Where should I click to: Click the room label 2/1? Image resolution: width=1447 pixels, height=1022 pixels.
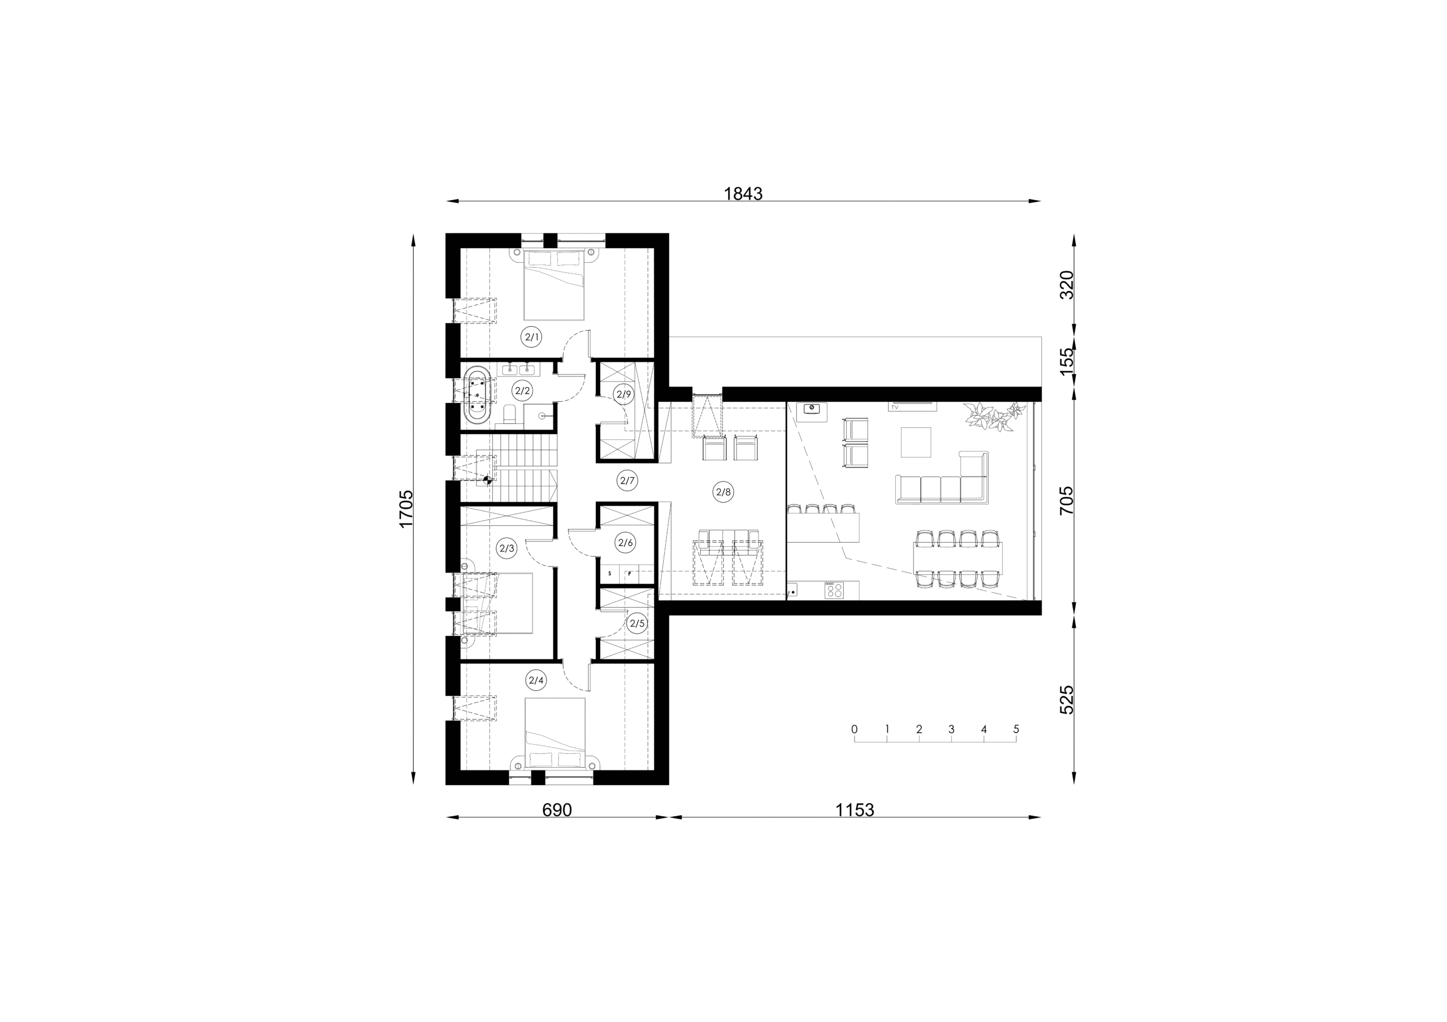pos(532,337)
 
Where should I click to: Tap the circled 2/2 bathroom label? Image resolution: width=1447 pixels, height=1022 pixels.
pos(522,391)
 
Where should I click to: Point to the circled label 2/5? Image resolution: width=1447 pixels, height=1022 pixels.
pos(636,624)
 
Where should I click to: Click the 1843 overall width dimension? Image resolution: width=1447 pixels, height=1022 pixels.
pos(743,193)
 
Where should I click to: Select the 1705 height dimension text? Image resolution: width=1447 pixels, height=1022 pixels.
pos(406,509)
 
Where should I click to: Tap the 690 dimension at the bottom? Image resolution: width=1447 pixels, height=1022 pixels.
pos(557,809)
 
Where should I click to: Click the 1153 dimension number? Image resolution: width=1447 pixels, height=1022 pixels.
pos(855,809)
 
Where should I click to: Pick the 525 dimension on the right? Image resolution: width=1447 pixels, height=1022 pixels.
pos(1067,699)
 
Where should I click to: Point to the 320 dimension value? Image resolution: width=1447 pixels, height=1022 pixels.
pos(1067,285)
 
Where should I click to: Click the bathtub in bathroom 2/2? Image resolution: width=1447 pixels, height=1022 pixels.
pos(478,397)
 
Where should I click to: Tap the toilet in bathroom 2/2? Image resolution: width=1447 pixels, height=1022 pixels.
pos(510,416)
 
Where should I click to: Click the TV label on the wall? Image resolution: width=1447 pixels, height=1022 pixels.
pos(894,408)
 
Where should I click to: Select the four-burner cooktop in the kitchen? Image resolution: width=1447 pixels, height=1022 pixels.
pos(834,590)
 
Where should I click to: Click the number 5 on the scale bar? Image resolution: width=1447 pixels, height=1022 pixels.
pos(1016,729)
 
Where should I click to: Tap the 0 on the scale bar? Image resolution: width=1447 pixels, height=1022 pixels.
pos(855,729)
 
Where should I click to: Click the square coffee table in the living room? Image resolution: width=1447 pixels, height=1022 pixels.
pos(916,443)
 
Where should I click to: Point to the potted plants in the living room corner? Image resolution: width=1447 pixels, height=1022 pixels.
pos(991,416)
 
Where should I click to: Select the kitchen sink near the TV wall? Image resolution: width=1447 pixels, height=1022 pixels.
pos(812,408)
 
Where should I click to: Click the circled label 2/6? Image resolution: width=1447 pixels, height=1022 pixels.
pos(625,543)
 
